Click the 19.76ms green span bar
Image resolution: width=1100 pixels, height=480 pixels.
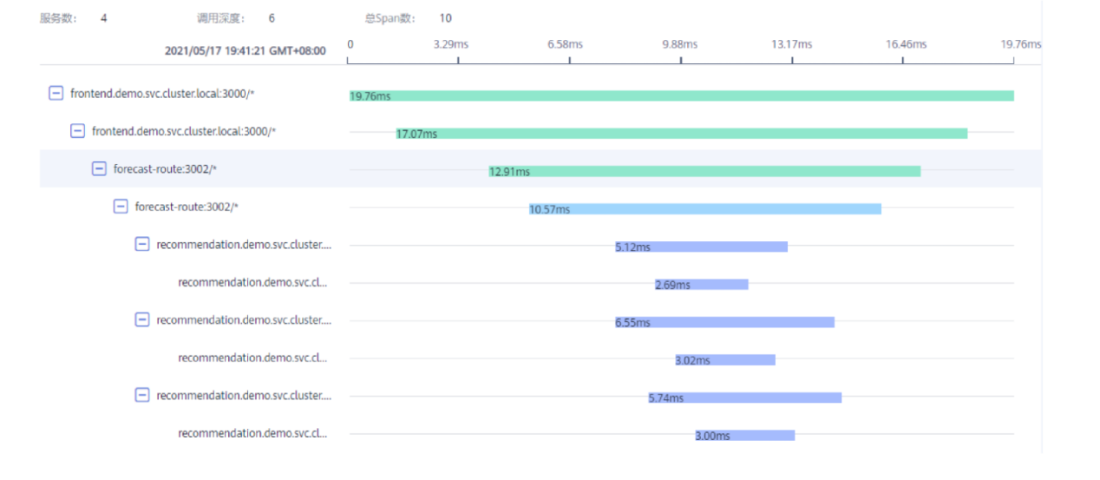pyautogui.click(x=681, y=95)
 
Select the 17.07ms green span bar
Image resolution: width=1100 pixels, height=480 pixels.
pyautogui.click(x=681, y=133)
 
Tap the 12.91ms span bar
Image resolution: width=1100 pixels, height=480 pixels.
pyautogui.click(x=704, y=171)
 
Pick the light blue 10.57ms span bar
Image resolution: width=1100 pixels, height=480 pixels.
pyautogui.click(x=704, y=209)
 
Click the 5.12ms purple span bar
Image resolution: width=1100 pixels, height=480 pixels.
pyautogui.click(x=701, y=247)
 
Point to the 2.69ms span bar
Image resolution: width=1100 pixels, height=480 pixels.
pyautogui.click(x=701, y=285)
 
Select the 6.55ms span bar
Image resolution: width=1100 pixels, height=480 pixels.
pyautogui.click(x=724, y=322)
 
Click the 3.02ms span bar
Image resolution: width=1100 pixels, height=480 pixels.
pyautogui.click(x=724, y=360)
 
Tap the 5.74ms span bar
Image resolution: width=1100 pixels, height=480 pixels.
pyautogui.click(x=744, y=398)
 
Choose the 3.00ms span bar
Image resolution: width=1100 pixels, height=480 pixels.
pyautogui.click(x=744, y=436)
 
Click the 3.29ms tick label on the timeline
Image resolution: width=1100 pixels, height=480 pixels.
pyautogui.click(x=450, y=43)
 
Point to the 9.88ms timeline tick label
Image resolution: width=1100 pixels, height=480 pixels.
pyautogui.click(x=679, y=43)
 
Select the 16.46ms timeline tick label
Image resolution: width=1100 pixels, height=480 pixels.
pyautogui.click(x=906, y=43)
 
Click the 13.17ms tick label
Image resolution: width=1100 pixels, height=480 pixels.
pyautogui.click(x=792, y=43)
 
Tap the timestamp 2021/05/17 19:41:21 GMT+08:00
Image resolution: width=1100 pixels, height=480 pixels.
pyautogui.click(x=246, y=51)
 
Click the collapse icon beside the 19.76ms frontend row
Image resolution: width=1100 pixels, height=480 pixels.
pyautogui.click(x=56, y=93)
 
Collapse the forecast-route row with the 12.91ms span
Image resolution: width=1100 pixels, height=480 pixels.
pyautogui.click(x=99, y=168)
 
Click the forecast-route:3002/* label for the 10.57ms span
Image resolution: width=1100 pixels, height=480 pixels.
pyautogui.click(x=187, y=207)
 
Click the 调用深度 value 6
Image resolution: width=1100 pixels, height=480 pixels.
pyautogui.click(x=272, y=18)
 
